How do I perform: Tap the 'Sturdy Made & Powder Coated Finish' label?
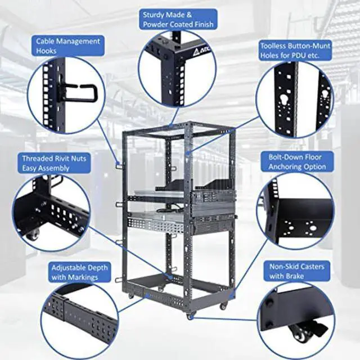[x=178, y=20]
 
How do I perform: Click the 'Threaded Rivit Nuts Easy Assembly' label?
[x=53, y=163]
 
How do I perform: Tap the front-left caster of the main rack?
[x=132, y=296]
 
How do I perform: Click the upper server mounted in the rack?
[x=211, y=197]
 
